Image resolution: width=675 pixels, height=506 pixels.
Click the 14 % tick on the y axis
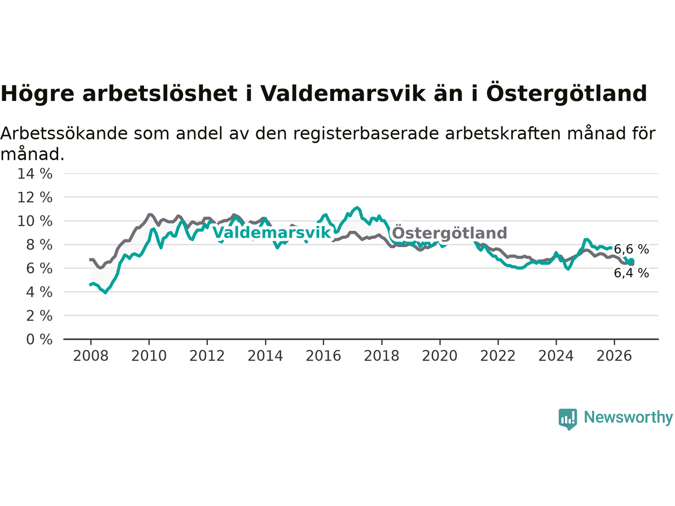click(35, 174)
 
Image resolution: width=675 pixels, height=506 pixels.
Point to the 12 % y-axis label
click(35, 197)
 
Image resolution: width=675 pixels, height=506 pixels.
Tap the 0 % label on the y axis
click(40, 339)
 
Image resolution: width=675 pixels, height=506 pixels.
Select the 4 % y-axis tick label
click(40, 292)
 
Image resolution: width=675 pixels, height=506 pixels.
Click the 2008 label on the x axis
click(91, 356)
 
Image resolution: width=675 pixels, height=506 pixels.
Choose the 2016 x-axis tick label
click(323, 356)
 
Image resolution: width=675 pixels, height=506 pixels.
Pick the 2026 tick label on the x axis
click(614, 356)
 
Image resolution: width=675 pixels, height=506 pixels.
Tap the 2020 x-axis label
click(440, 356)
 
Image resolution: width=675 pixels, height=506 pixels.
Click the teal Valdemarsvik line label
click(272, 232)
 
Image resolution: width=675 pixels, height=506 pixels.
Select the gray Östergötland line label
click(450, 232)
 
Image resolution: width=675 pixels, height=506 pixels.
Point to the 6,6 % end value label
click(631, 249)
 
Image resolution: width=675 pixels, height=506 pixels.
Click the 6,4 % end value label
click(631, 273)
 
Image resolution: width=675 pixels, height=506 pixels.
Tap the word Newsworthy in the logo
click(628, 417)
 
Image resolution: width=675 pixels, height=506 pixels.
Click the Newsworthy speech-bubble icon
click(567, 419)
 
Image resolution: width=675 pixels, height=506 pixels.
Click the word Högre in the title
click(37, 94)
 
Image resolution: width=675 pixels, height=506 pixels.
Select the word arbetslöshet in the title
click(160, 93)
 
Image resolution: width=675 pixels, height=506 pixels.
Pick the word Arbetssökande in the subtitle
click(64, 134)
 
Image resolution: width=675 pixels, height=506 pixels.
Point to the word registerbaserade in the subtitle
click(365, 134)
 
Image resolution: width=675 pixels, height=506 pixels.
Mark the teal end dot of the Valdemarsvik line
click(631, 261)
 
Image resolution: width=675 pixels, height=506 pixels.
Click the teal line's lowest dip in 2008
click(105, 293)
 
